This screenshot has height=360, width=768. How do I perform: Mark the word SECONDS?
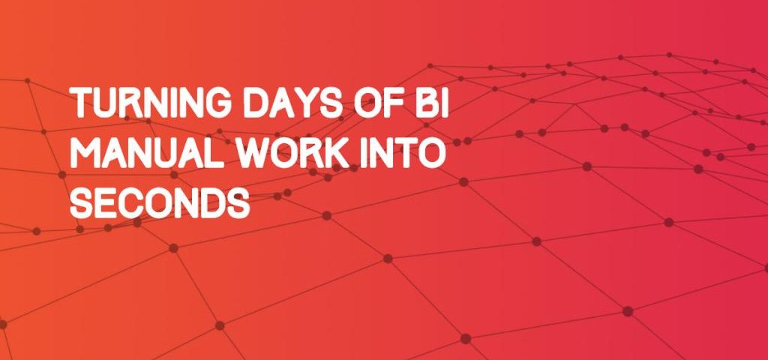click(x=160, y=202)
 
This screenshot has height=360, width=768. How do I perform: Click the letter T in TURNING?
click(x=81, y=103)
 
